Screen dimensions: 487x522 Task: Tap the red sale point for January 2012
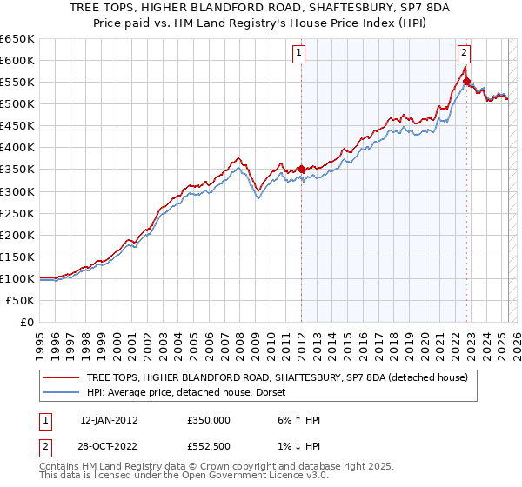301,169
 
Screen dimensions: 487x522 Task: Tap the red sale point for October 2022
467,80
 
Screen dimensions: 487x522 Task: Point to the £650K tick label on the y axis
17,39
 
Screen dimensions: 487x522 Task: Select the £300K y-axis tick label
17,191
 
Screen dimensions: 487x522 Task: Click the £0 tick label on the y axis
27,323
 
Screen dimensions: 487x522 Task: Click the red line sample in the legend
61,377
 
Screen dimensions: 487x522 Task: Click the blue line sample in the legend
61,392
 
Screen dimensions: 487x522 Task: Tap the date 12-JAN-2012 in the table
109,420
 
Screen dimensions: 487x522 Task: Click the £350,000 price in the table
209,420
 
